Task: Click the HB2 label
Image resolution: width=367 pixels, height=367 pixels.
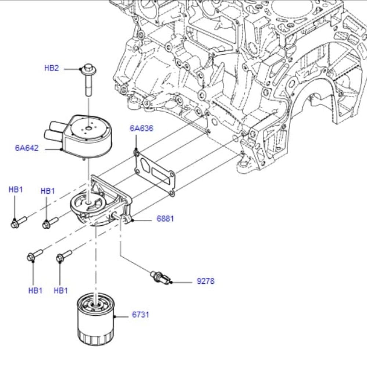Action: point(51,68)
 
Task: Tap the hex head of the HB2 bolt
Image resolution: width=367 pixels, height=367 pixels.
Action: point(88,68)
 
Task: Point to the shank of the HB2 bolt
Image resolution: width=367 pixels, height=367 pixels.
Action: point(88,86)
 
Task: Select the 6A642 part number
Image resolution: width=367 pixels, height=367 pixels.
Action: point(27,148)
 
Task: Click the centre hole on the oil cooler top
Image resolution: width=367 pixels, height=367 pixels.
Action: point(88,128)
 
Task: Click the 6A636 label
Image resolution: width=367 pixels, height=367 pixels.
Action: point(141,128)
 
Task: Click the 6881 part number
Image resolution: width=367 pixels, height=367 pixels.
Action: point(165,219)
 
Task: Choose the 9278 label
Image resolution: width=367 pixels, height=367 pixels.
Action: point(206,281)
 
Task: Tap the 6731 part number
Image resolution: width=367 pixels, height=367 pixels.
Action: point(141,315)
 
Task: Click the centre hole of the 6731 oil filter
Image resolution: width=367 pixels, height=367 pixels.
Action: point(96,303)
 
